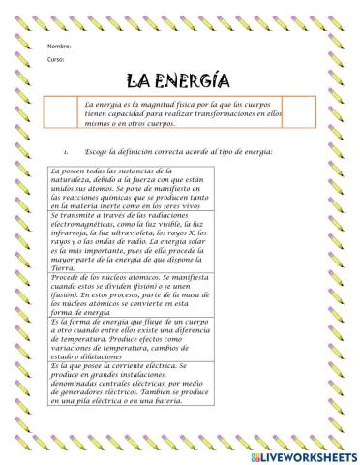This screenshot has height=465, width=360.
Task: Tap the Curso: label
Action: (x=54, y=60)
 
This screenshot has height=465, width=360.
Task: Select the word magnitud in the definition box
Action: (x=157, y=103)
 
